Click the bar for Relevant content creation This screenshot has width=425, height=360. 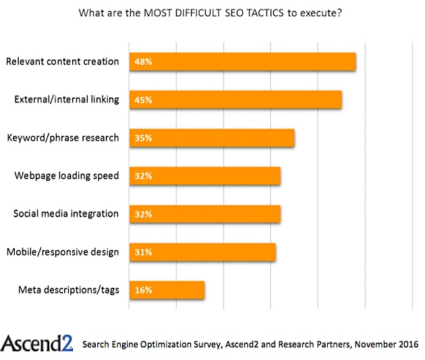click(x=243, y=61)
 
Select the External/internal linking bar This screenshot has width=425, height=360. click(x=235, y=100)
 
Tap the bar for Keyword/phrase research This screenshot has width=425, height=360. click(x=212, y=138)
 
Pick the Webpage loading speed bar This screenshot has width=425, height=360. click(x=205, y=176)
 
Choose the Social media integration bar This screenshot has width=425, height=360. click(x=205, y=214)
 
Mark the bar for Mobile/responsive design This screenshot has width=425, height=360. click(x=202, y=252)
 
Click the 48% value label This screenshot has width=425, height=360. click(x=143, y=61)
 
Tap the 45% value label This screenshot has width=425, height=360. click(x=143, y=100)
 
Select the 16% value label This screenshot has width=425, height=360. click(x=143, y=291)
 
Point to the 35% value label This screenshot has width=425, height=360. click(x=143, y=138)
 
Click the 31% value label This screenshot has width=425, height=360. click(x=143, y=252)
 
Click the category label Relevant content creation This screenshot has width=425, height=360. click(x=62, y=61)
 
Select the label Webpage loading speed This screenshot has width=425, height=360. click(x=67, y=176)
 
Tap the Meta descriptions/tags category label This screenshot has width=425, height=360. click(x=69, y=291)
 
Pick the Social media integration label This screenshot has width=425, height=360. click(x=66, y=214)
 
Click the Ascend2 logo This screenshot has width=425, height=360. click(x=36, y=342)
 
